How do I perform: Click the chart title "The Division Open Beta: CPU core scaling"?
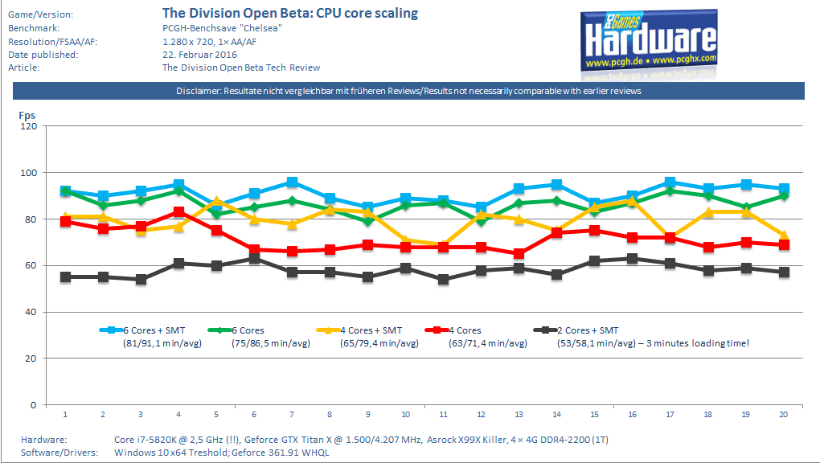tap(290, 14)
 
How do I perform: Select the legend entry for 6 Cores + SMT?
tap(143, 330)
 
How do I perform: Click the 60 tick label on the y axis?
tap(31, 265)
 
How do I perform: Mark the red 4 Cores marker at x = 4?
tap(178, 212)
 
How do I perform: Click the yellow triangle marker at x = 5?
tap(217, 201)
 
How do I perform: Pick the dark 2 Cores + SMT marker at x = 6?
tap(255, 258)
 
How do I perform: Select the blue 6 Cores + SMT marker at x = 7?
tap(292, 182)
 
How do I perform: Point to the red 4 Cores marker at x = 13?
tap(519, 254)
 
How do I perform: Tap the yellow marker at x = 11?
tap(444, 244)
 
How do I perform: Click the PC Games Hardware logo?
tap(650, 40)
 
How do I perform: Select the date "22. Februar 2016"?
tap(199, 55)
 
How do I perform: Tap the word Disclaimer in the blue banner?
tap(198, 92)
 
